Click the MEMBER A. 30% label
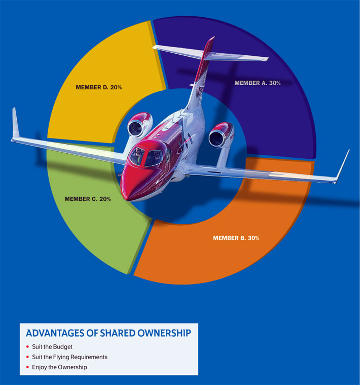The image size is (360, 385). (257, 83)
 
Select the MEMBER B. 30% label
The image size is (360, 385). (236, 238)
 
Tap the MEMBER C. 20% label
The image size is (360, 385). (88, 199)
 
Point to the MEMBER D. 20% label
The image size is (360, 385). (98, 87)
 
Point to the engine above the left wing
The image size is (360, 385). (139, 125)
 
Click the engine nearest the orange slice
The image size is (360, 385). (220, 135)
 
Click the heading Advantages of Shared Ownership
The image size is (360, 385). (108, 333)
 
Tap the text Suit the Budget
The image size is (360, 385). (52, 346)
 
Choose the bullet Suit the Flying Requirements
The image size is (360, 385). (69, 357)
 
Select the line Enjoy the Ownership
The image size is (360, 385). (59, 367)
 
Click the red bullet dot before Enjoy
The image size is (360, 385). (27, 367)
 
